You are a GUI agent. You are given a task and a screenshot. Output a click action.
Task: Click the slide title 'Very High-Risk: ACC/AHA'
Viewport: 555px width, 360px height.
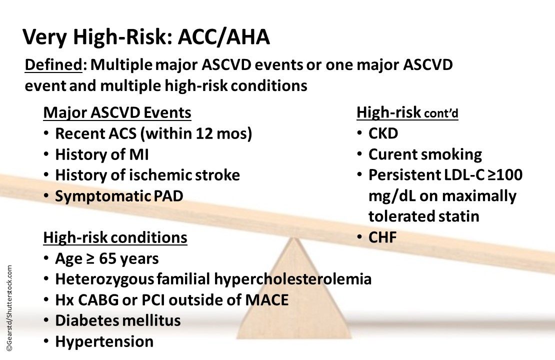click(x=146, y=37)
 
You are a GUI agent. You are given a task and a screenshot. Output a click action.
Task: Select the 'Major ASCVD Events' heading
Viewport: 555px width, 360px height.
click(x=117, y=113)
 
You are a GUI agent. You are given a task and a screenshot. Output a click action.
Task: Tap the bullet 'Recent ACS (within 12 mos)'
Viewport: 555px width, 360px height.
click(x=153, y=134)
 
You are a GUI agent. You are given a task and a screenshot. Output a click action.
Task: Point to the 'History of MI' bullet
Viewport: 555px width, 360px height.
click(x=101, y=154)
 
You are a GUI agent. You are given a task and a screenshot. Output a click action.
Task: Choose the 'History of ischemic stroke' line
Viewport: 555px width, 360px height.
click(x=147, y=175)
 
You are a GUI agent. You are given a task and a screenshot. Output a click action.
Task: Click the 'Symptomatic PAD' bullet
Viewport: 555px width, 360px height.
click(x=119, y=196)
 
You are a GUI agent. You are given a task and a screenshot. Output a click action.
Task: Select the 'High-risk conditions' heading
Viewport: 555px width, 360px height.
click(x=115, y=237)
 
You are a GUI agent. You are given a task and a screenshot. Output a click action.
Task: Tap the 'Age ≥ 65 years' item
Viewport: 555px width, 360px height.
click(x=107, y=258)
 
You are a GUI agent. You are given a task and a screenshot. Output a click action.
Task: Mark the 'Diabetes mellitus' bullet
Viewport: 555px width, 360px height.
click(x=117, y=320)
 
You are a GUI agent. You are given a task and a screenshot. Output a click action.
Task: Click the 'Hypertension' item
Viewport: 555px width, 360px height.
click(x=104, y=341)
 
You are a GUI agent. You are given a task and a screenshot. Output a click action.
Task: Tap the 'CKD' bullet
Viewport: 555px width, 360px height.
click(x=383, y=134)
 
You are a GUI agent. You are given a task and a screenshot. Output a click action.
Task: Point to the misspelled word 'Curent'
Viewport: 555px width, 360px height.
click(x=390, y=154)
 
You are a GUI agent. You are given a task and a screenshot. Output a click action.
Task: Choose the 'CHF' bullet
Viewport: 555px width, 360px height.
click(x=382, y=238)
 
